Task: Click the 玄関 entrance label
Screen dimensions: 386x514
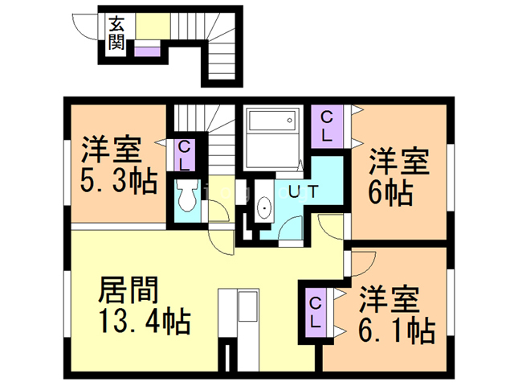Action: click(x=116, y=32)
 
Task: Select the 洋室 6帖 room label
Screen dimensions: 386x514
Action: click(x=397, y=176)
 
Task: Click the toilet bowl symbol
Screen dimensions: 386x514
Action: click(x=188, y=196)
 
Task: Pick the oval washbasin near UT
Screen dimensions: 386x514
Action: click(x=264, y=211)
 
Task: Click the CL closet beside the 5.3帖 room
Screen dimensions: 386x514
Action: click(x=184, y=155)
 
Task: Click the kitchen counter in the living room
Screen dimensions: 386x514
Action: click(x=240, y=314)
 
